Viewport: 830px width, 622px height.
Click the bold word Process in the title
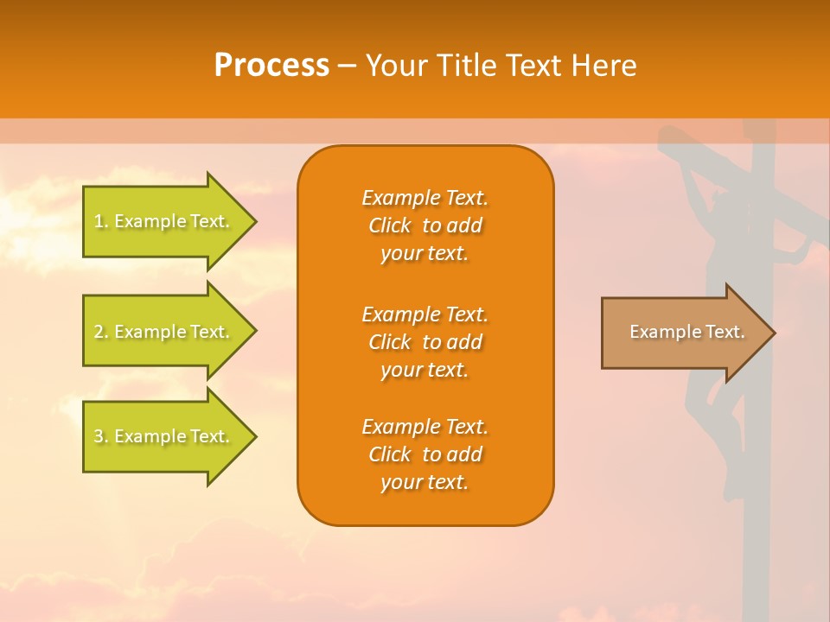(271, 66)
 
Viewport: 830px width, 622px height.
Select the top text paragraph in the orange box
(425, 225)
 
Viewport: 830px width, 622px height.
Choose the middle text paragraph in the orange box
(425, 342)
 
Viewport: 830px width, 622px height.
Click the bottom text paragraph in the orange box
(425, 454)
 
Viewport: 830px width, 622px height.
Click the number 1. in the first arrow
(101, 221)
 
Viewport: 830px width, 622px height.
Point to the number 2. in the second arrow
(101, 332)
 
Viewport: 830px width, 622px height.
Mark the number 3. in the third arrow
(101, 436)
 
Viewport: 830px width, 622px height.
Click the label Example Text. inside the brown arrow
(686, 332)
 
